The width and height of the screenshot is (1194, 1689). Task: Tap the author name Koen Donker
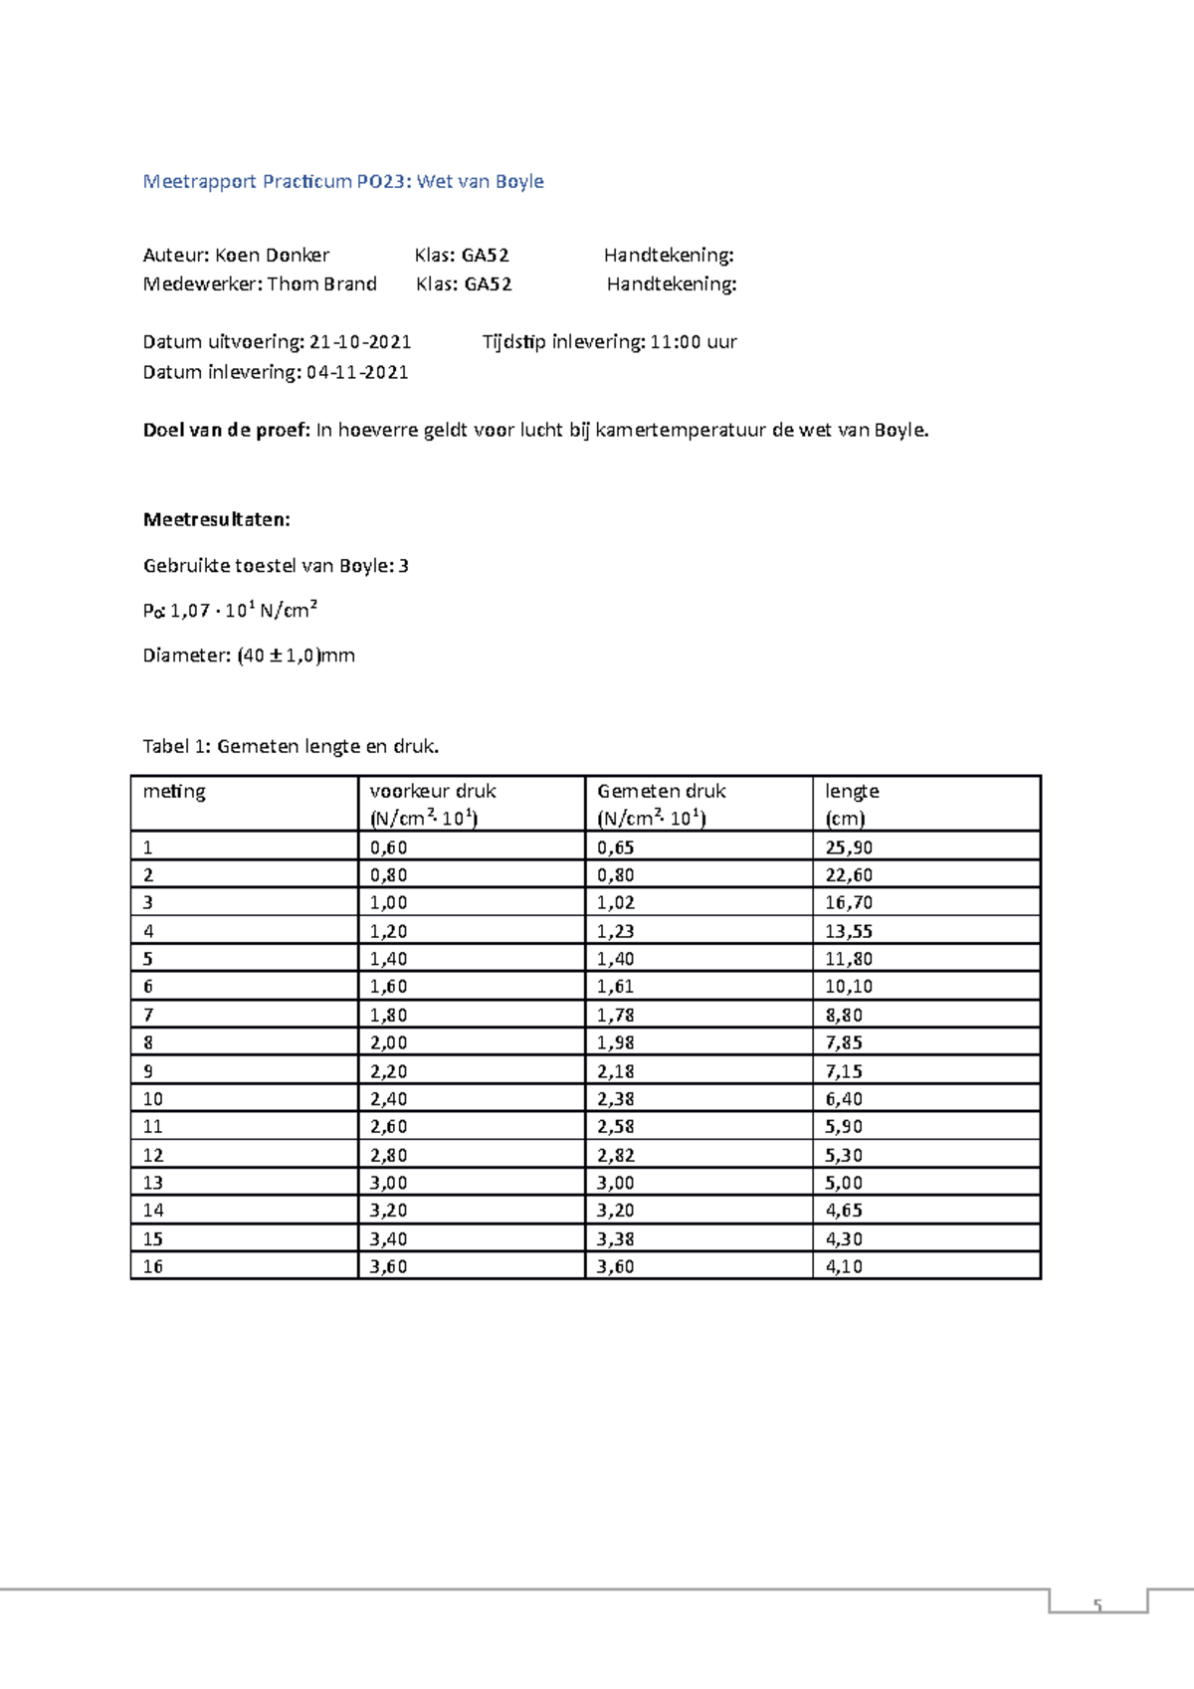[x=272, y=255]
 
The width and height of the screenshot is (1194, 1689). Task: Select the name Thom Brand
[x=321, y=283]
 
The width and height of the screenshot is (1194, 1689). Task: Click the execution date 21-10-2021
[x=360, y=342]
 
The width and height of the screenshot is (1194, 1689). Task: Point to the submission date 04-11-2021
[x=357, y=372]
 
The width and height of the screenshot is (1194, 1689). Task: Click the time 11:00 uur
[x=693, y=342]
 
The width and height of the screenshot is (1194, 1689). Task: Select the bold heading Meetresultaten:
[x=216, y=519]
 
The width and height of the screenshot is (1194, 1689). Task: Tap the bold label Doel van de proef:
[x=227, y=430]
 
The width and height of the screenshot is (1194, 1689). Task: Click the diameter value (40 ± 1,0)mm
[x=296, y=656]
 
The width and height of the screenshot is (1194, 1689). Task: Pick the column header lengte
[x=852, y=791]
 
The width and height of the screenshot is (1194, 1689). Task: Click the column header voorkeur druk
[x=432, y=791]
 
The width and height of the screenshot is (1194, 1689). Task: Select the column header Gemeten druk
[x=661, y=791]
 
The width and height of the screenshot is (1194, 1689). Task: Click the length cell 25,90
[x=848, y=847]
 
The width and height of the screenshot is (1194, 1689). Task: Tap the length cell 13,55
[x=848, y=931]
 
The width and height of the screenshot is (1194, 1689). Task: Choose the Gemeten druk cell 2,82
[x=615, y=1155]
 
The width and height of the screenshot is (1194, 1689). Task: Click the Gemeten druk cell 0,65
[x=615, y=847]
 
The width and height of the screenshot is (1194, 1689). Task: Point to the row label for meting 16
[x=153, y=1266]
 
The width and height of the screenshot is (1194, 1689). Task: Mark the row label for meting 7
[x=148, y=1015]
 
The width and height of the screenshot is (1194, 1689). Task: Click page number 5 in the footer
[x=1097, y=1605]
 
